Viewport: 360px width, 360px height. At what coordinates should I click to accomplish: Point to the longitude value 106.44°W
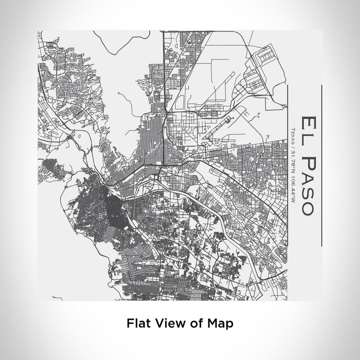point(293,188)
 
